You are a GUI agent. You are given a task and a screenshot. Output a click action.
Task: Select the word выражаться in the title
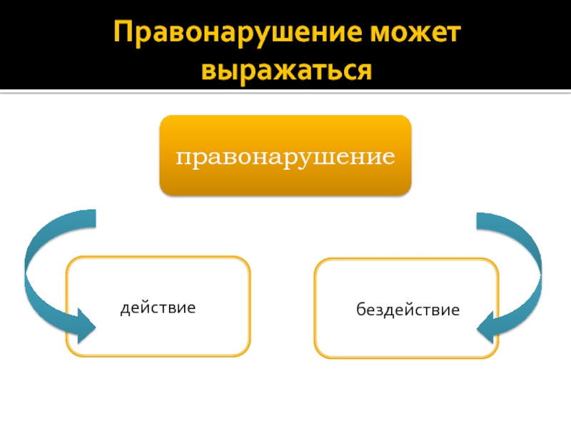pos(285,71)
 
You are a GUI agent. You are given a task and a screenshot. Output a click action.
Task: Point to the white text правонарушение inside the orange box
pos(285,156)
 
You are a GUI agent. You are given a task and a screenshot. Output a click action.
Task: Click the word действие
pos(158,307)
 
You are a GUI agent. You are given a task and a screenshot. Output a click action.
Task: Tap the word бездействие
pos(408,310)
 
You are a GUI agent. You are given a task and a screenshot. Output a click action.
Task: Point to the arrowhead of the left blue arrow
pos(84,325)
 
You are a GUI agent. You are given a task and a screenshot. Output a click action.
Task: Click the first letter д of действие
pos(124,308)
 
